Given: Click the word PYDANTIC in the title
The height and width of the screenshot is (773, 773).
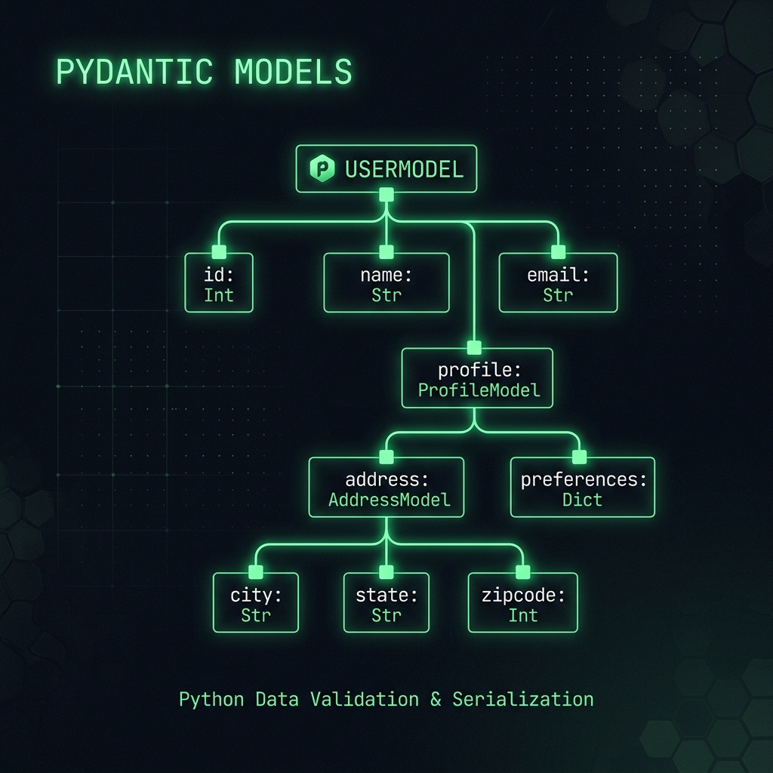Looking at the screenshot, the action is [x=134, y=72].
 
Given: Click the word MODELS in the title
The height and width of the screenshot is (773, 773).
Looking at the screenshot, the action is [x=294, y=72].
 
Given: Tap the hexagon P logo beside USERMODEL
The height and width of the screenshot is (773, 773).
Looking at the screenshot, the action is [x=322, y=168].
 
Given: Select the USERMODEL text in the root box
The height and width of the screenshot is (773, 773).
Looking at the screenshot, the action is [x=405, y=170].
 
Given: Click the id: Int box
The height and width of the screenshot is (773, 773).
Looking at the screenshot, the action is [x=219, y=282].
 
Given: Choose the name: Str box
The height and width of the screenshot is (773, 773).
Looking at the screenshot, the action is [x=386, y=282].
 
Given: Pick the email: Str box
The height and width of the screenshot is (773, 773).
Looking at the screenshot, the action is [x=558, y=282].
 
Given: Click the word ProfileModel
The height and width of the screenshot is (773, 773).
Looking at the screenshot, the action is [x=479, y=390].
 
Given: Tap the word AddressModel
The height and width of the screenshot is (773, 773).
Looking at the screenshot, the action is [x=390, y=500].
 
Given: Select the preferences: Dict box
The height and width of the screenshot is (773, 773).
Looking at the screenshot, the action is [x=583, y=487].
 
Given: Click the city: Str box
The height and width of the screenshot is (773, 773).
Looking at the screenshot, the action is [x=256, y=602].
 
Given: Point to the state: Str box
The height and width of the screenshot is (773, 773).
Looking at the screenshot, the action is [x=386, y=602].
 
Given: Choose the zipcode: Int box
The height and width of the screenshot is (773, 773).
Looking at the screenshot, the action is [x=523, y=602].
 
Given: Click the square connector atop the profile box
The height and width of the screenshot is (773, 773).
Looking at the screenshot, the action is [x=474, y=347].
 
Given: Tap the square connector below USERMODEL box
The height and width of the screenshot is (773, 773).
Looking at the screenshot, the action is [x=386, y=195].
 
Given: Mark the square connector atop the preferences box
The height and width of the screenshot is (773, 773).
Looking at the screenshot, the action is [x=579, y=457].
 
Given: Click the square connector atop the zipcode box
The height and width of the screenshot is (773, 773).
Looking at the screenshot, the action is [x=523, y=572].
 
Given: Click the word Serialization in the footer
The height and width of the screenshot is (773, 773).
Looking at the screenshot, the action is [x=523, y=700].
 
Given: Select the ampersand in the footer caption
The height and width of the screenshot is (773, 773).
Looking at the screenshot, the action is [x=436, y=700].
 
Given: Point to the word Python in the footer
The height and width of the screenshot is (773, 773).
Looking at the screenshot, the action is [x=211, y=700].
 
